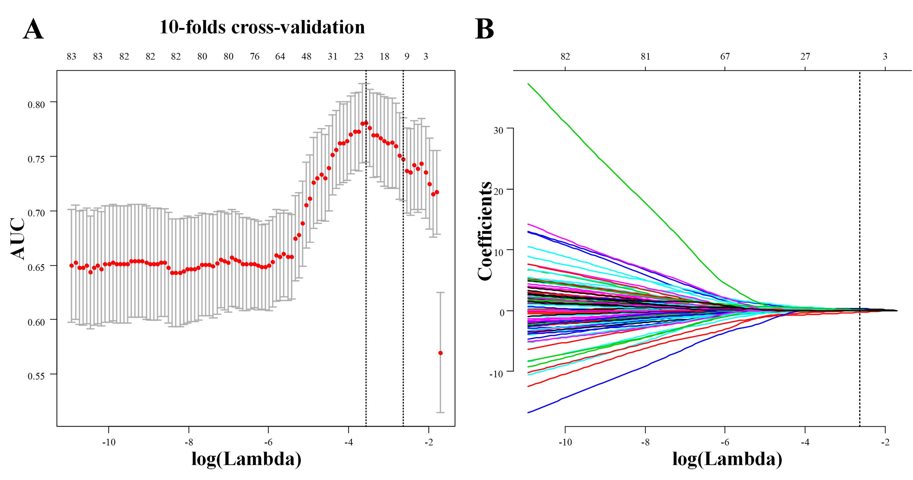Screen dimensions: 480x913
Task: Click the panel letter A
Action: (x=33, y=29)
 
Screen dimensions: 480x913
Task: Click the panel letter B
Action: (x=484, y=29)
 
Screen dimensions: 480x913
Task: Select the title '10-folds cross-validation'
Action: (x=262, y=27)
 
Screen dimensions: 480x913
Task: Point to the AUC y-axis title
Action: (x=18, y=238)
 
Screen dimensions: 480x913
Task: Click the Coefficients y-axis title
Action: (x=484, y=231)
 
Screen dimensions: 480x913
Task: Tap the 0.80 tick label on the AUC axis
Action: (x=36, y=105)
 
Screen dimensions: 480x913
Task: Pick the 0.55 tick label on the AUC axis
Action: (x=36, y=376)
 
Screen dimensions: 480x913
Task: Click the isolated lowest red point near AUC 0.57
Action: (x=440, y=353)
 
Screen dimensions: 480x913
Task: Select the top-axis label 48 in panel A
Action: (x=306, y=56)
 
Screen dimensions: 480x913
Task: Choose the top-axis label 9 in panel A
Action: (x=407, y=56)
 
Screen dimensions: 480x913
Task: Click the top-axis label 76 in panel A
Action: (x=255, y=56)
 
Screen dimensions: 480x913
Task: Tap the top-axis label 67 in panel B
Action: (x=725, y=56)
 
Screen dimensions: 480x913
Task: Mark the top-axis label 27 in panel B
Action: (x=805, y=56)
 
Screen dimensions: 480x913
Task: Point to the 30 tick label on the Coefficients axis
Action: (x=498, y=130)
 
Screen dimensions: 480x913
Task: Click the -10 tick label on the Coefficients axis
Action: (x=496, y=374)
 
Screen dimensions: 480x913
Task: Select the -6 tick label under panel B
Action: (x=725, y=442)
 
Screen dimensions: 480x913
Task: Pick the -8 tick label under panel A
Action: (x=188, y=442)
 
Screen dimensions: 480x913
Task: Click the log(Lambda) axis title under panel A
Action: (x=246, y=459)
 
